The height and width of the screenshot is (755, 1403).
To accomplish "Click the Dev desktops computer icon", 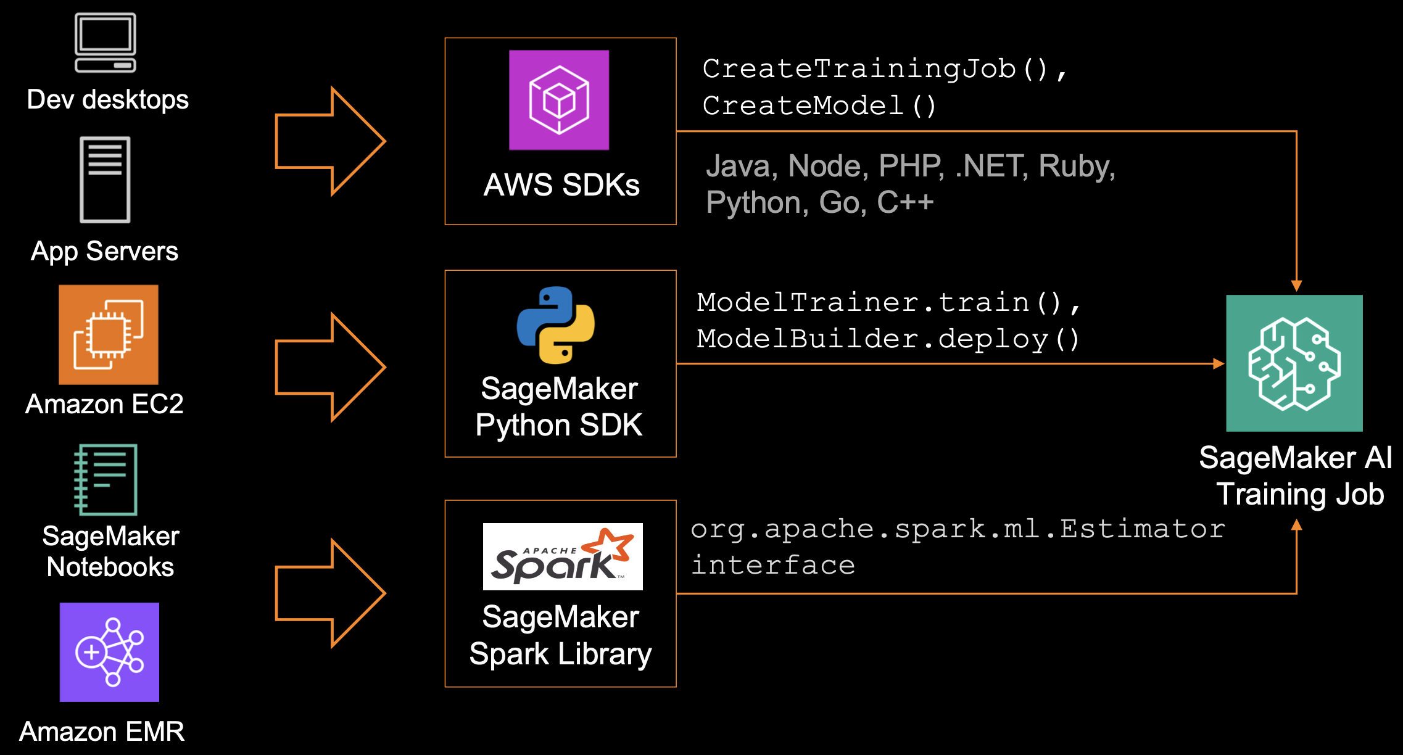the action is tap(106, 43).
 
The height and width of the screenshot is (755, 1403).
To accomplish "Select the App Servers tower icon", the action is tap(105, 179).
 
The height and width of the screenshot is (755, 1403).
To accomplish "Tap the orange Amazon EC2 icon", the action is tap(109, 334).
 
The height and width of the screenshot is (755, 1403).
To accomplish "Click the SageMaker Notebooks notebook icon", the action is tap(106, 479).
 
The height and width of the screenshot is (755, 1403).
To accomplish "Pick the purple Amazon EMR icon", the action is tap(109, 652).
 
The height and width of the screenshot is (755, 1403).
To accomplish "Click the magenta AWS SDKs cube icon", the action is tap(559, 100).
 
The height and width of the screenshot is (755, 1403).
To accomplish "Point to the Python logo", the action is tap(556, 325).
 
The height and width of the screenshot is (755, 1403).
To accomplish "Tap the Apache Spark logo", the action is tap(563, 556).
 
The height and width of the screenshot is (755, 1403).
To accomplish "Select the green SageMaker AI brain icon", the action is tap(1294, 363).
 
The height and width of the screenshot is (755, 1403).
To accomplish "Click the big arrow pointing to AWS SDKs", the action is tap(331, 141).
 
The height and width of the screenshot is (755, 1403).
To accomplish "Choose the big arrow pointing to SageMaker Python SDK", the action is tap(331, 367).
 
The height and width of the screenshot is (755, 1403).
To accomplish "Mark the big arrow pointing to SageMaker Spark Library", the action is tap(331, 593).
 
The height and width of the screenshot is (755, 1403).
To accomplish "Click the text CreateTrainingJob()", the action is tap(876, 68).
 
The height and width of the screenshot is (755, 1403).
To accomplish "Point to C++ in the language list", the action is tap(906, 202).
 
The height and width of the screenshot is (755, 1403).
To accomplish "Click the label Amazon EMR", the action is tap(102, 732).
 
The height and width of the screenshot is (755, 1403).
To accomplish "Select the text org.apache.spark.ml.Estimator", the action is tap(958, 529).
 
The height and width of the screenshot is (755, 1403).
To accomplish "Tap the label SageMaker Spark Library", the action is tap(560, 635).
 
